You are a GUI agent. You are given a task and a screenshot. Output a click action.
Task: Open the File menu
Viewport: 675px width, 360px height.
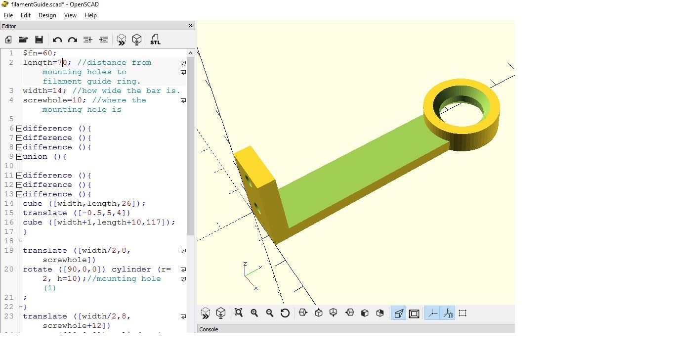[8, 15]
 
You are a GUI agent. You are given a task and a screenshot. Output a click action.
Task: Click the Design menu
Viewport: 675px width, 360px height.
[47, 15]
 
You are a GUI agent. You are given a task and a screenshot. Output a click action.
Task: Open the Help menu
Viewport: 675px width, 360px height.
[90, 15]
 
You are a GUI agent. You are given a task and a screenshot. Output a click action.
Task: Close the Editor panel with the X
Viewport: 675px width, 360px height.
[190, 26]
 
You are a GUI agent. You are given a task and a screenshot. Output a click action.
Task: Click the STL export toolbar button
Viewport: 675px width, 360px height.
[155, 40]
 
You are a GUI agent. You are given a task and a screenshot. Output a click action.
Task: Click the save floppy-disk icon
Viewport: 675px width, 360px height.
[39, 40]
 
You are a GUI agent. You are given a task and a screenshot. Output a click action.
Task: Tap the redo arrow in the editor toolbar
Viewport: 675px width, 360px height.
[73, 40]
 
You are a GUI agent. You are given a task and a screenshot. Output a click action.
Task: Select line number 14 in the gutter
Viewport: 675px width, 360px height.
[9, 204]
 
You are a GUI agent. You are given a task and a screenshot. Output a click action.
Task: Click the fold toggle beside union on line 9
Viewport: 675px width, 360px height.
[19, 157]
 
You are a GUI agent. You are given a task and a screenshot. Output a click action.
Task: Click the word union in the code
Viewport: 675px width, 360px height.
[35, 156]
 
